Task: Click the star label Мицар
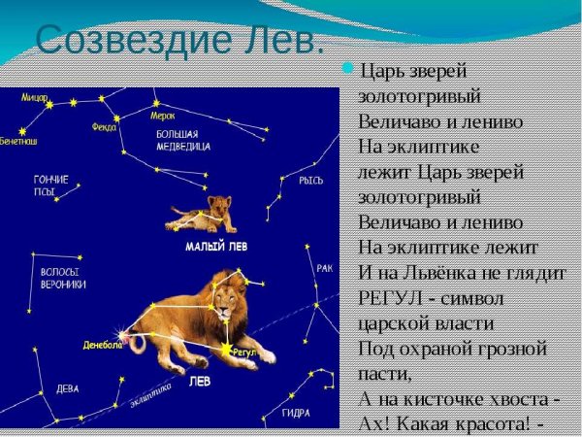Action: click(35, 98)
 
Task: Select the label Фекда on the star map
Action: click(104, 126)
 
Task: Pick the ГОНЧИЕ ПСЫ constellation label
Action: click(50, 185)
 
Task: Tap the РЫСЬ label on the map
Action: click(311, 181)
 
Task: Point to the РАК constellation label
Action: click(324, 268)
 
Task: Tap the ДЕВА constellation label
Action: click(68, 387)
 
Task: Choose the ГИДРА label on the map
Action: click(296, 413)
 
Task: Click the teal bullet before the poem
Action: click(349, 69)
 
